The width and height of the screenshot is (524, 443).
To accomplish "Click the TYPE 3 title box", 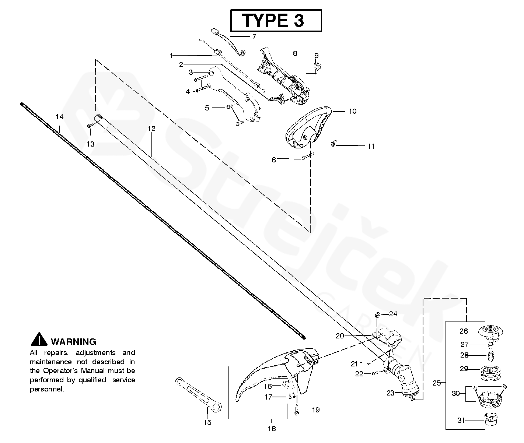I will (x=276, y=20).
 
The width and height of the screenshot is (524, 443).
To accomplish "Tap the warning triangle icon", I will (x=39, y=339).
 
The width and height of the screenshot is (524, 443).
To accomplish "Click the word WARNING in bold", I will (x=73, y=342).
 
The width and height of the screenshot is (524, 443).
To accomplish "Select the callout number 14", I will (x=59, y=117).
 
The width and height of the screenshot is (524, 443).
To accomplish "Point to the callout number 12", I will (x=151, y=129).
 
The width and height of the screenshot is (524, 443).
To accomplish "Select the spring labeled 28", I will (x=490, y=356).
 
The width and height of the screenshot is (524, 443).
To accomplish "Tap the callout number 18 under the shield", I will (x=272, y=428).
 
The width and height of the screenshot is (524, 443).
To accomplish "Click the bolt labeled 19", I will (x=296, y=409).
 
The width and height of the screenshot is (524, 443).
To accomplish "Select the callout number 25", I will (x=436, y=383).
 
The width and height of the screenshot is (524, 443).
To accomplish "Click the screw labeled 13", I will (x=89, y=126).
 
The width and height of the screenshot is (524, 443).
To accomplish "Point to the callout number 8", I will (x=295, y=53).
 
